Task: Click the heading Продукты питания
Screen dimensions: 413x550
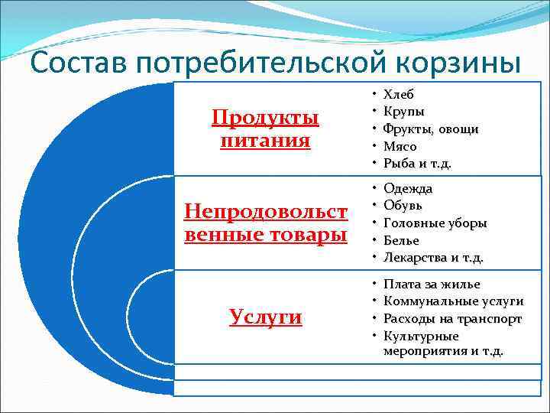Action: [x=265, y=129]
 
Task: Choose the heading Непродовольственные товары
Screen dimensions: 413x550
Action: [x=266, y=223]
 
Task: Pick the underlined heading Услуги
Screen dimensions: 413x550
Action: [x=265, y=317]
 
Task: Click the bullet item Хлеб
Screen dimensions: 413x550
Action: [x=398, y=95]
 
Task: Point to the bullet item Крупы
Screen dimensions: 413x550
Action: [x=403, y=112]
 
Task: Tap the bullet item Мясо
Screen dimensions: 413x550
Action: [x=400, y=145]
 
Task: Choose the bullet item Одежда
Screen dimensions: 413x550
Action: [x=408, y=188]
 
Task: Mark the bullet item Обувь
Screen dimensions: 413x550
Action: [x=403, y=205]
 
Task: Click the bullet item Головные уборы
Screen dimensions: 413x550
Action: [x=435, y=223]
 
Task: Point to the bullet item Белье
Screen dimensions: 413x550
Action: [x=401, y=240]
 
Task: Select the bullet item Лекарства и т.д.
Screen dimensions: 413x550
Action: [x=433, y=258]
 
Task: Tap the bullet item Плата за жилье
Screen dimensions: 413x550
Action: [x=432, y=284]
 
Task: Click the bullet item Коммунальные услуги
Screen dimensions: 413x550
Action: [x=453, y=301]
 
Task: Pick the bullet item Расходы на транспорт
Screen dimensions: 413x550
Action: [x=452, y=319]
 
